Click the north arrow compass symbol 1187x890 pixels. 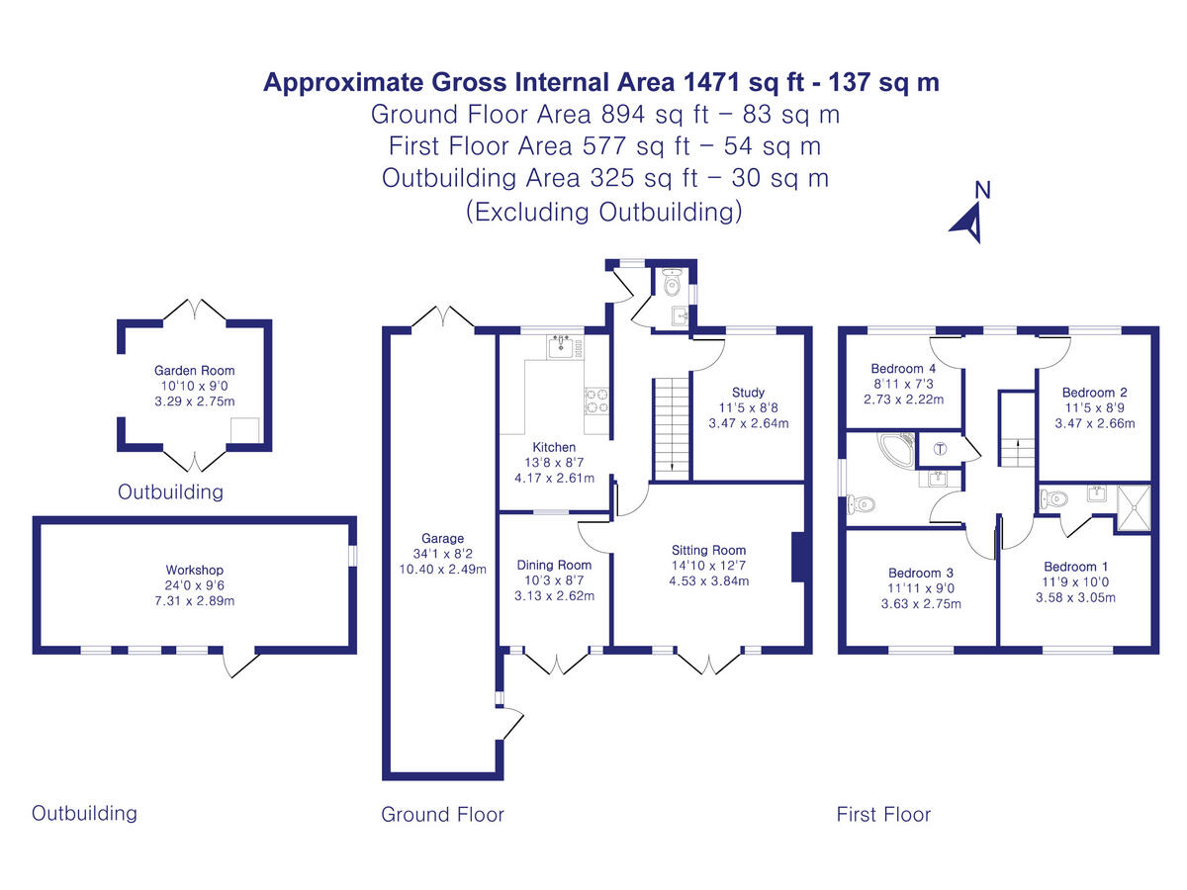969,220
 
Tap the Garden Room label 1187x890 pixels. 195,371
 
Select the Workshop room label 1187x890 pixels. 195,570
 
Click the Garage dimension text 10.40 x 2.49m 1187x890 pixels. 442,569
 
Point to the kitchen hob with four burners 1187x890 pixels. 596,400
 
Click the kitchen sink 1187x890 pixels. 561,346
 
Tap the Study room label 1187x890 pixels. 749,392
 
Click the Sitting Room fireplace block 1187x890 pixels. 800,560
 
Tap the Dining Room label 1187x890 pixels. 554,565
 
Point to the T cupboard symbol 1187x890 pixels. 939,448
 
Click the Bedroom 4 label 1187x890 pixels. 897,369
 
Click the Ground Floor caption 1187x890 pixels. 442,815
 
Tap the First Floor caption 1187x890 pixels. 883,815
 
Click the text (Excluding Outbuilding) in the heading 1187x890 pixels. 603,212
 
